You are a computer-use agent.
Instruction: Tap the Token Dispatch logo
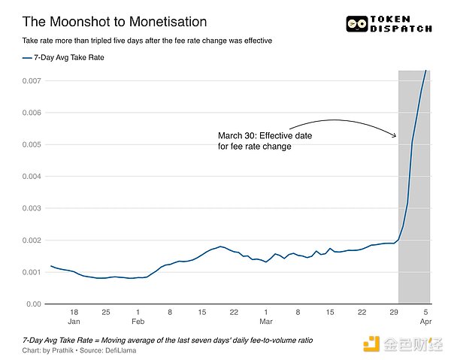tap(389, 25)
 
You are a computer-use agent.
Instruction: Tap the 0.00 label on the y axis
tap(33, 304)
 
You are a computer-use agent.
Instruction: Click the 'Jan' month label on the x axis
tap(73, 320)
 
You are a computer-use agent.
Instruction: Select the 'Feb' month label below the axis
tap(138, 320)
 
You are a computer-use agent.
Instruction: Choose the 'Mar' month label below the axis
tap(265, 320)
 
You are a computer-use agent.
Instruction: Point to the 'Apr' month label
tap(425, 320)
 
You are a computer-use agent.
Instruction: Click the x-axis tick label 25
tap(105, 311)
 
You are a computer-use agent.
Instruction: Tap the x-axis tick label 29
tap(393, 311)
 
